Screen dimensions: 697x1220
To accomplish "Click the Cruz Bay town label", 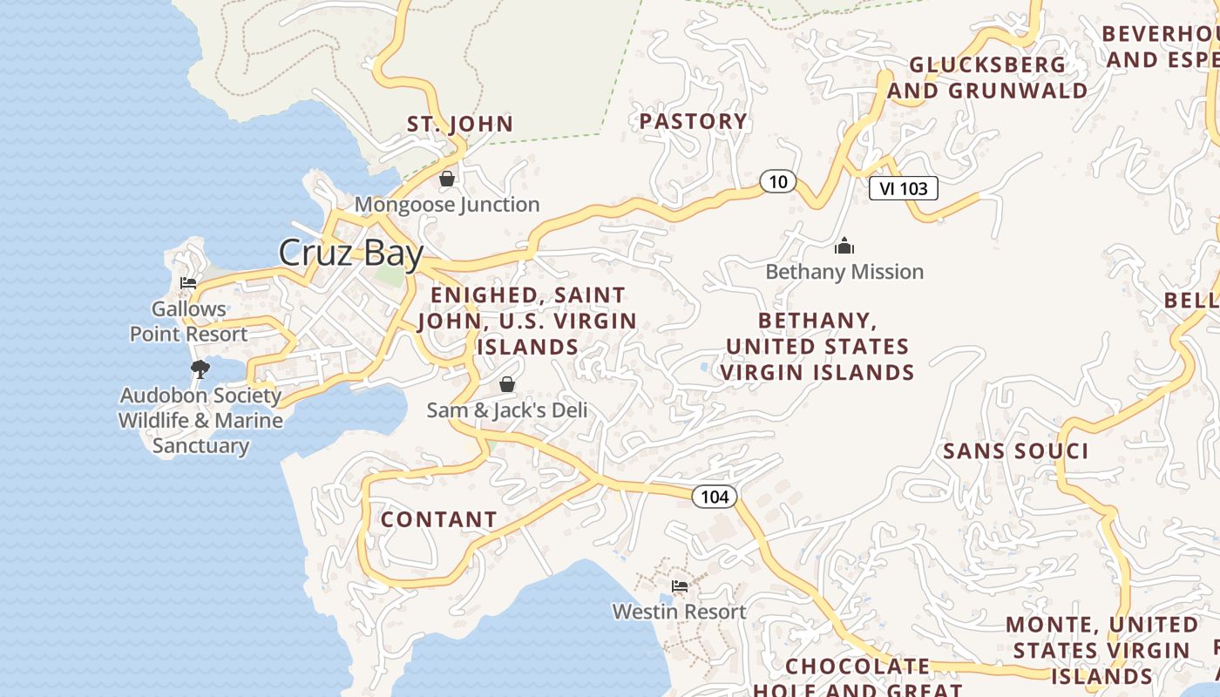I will pyautogui.click(x=350, y=253).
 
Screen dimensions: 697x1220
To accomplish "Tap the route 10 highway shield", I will pyautogui.click(x=778, y=181).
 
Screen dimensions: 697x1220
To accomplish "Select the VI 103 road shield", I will pyautogui.click(x=903, y=188).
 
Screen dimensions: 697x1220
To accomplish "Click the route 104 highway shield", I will pyautogui.click(x=715, y=497).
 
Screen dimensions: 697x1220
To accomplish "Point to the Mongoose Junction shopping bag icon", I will pyautogui.click(x=447, y=179).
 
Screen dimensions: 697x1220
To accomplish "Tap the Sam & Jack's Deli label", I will pyautogui.click(x=507, y=409).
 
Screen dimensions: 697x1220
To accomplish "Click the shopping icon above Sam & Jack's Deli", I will pyautogui.click(x=507, y=384).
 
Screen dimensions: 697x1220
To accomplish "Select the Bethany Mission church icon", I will pyautogui.click(x=844, y=247).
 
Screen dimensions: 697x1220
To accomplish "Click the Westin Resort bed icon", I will pyautogui.click(x=680, y=586).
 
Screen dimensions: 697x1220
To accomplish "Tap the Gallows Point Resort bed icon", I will pyautogui.click(x=187, y=283).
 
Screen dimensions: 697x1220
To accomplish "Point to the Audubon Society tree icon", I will pyautogui.click(x=200, y=369).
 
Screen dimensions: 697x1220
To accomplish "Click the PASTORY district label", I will pyautogui.click(x=694, y=121).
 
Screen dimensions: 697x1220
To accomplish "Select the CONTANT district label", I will pyautogui.click(x=438, y=519).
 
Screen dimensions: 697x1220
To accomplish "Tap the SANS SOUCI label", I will pyautogui.click(x=1015, y=451).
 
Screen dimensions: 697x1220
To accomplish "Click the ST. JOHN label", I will pyautogui.click(x=460, y=124).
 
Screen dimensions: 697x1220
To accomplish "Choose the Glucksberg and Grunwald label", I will pyautogui.click(x=987, y=78).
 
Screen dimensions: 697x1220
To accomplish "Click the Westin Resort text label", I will pyautogui.click(x=679, y=612).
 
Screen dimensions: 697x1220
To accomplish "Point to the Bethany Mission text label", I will pyautogui.click(x=844, y=272).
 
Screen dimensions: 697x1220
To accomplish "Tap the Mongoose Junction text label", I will pyautogui.click(x=447, y=205).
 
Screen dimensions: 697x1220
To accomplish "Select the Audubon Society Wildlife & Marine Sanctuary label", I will pyautogui.click(x=200, y=420).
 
